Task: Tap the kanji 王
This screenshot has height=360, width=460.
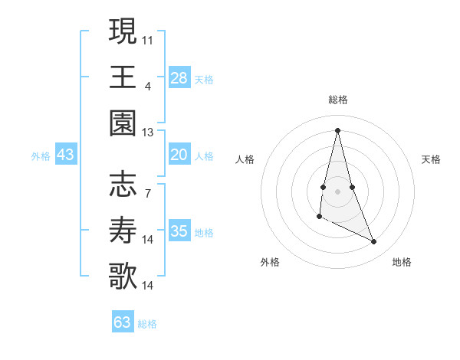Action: (123, 77)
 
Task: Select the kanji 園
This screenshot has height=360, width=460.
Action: (123, 124)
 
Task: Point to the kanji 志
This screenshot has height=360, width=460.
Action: (123, 184)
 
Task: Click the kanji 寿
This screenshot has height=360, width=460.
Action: (123, 231)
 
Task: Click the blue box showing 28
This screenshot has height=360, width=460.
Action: (179, 78)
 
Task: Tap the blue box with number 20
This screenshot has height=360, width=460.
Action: (179, 155)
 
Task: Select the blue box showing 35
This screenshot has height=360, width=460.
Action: (179, 231)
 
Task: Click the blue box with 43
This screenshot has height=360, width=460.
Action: (66, 155)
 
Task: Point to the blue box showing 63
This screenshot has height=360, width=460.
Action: (123, 322)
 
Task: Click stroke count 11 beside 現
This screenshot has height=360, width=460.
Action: (147, 38)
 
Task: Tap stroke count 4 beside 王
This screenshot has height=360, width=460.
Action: (147, 86)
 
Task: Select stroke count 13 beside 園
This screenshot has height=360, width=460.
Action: (147, 133)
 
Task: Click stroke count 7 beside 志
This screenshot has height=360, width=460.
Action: (147, 193)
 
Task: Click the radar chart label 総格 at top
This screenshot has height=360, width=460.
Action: (338, 100)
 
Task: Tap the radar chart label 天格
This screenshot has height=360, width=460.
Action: (432, 159)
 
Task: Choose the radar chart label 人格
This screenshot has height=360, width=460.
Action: (245, 159)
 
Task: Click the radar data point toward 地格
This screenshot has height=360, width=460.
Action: (374, 242)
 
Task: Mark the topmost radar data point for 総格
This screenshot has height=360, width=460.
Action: (338, 129)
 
